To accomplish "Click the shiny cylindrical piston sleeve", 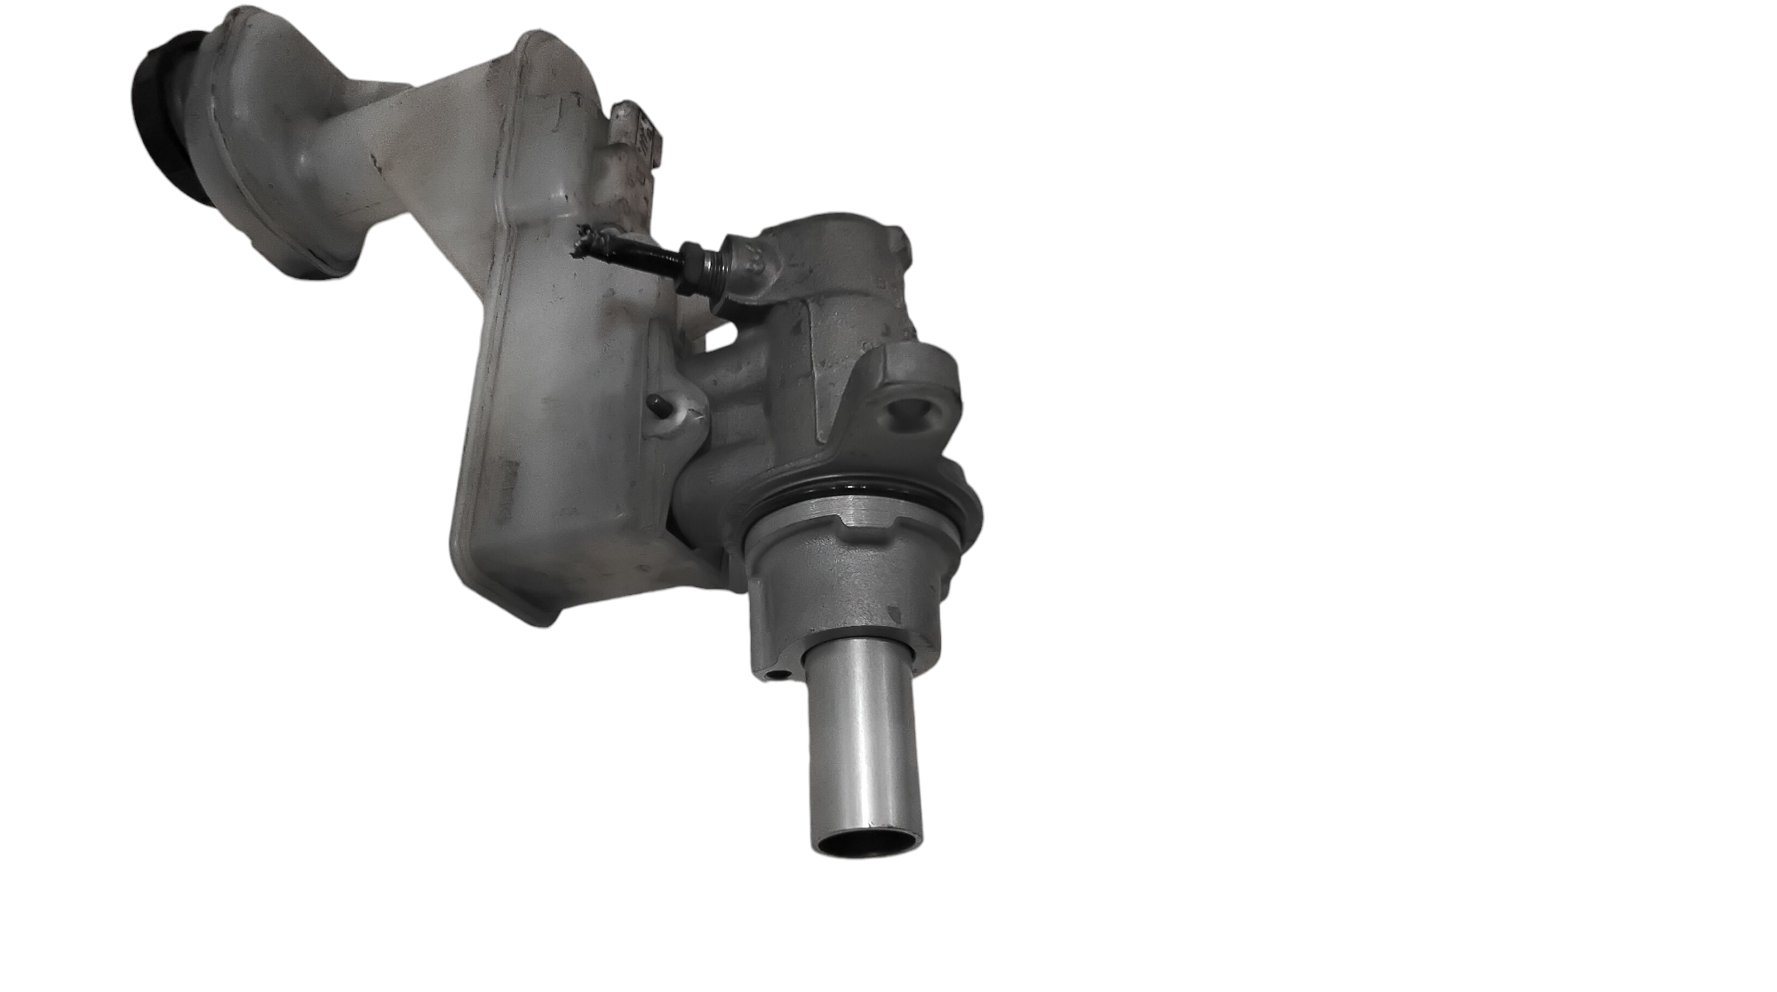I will coord(862,737).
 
